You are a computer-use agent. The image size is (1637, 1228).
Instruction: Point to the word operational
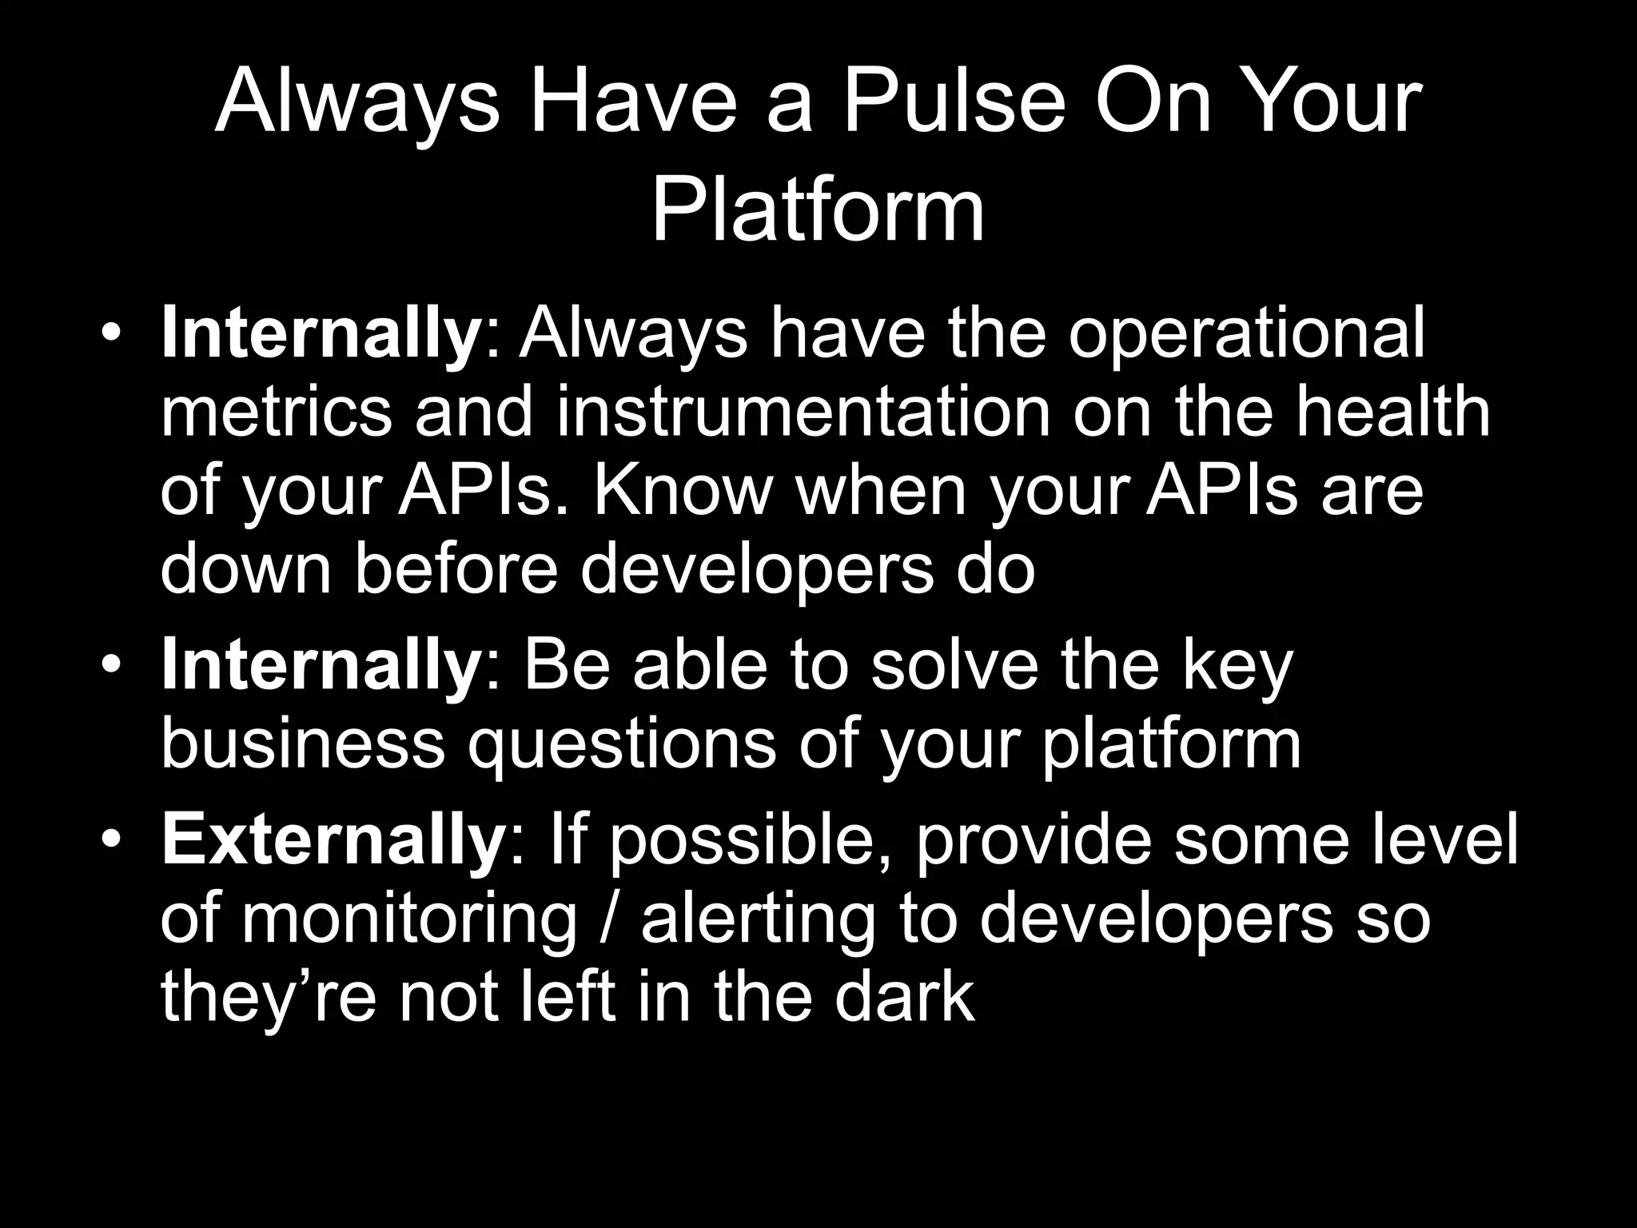1246,334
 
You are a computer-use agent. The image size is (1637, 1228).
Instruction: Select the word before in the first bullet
454,568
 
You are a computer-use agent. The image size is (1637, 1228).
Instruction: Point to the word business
302,744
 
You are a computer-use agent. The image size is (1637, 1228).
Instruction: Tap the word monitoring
408,919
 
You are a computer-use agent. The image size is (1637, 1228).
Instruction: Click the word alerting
758,919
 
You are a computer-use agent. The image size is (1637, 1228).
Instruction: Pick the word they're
268,998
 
